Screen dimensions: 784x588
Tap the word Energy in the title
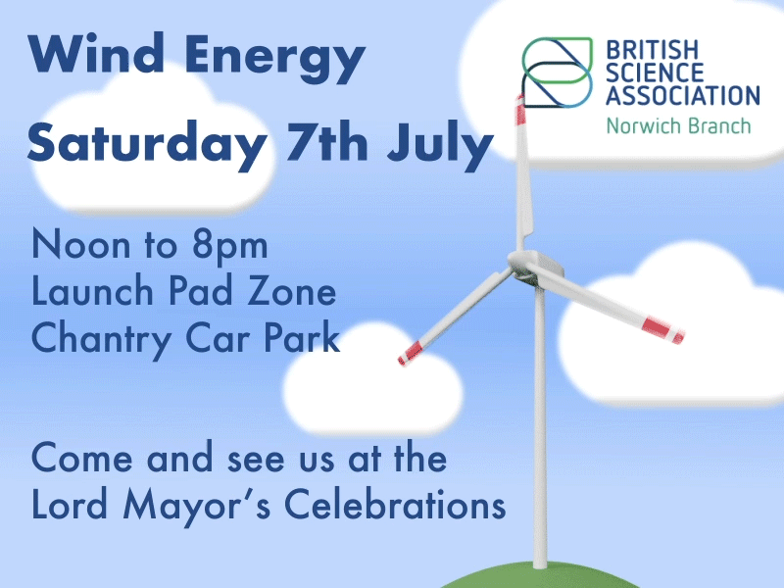[x=275, y=59]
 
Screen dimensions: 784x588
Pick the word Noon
[x=81, y=244]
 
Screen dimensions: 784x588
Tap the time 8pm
[x=230, y=248]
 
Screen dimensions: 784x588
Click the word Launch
[x=92, y=290]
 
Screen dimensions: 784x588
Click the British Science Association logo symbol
[x=558, y=73]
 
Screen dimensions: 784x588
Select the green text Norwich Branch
[x=678, y=126]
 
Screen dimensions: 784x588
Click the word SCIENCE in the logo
[x=655, y=73]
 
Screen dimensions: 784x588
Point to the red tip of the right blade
[x=662, y=330]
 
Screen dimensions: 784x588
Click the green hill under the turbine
[x=540, y=577]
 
